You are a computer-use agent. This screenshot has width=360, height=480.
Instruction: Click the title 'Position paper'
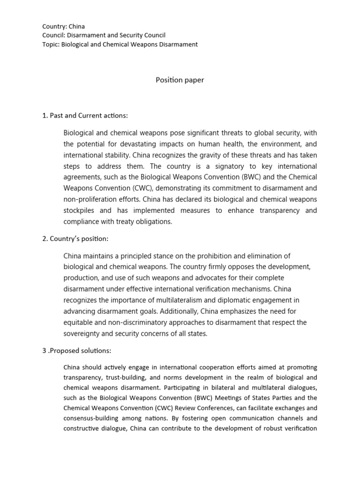pos(180,80)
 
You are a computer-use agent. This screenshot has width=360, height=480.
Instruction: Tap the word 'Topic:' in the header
pos(51,44)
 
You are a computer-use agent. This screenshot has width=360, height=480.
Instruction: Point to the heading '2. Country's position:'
pos(75,239)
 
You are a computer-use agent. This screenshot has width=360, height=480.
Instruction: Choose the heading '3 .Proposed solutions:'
pos(76,351)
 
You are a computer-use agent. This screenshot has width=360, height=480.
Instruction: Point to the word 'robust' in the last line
pos(266,428)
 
